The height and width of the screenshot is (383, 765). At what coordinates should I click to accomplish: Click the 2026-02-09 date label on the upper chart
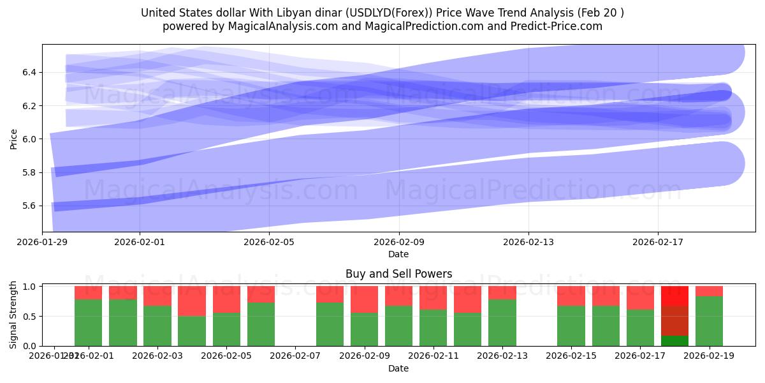click(x=399, y=242)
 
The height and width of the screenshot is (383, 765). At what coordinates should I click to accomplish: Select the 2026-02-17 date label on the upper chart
click(x=658, y=242)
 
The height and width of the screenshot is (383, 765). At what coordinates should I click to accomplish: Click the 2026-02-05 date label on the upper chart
click(x=270, y=242)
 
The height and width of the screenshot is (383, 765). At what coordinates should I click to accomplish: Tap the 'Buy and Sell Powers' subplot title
click(x=398, y=274)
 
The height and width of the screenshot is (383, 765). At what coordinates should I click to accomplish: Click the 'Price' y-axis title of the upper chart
click(x=14, y=139)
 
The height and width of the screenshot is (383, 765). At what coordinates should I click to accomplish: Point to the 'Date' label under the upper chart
click(x=398, y=254)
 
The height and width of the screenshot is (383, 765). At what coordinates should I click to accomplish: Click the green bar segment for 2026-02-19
click(x=709, y=321)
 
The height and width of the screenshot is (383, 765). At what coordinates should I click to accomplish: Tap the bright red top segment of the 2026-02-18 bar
click(x=674, y=296)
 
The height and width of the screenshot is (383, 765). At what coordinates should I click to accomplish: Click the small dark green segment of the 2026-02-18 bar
click(x=674, y=341)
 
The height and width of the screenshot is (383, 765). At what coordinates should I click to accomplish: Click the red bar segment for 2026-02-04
click(x=192, y=301)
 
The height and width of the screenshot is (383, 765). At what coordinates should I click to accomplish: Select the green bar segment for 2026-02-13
click(x=502, y=322)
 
